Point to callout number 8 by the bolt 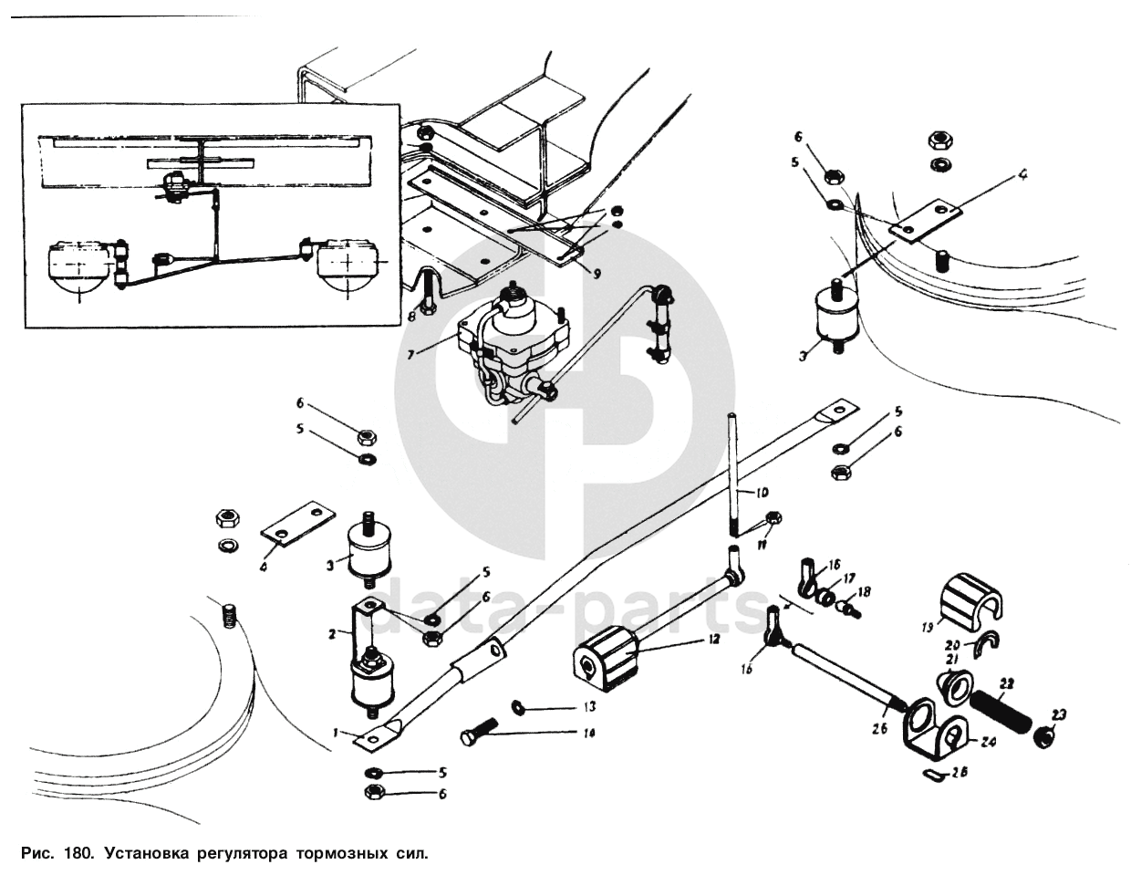[x=412, y=316]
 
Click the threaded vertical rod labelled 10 [x=732, y=474]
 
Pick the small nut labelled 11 [x=773, y=519]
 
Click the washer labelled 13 [x=518, y=705]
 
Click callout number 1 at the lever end [x=336, y=732]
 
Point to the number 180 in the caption [x=78, y=855]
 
